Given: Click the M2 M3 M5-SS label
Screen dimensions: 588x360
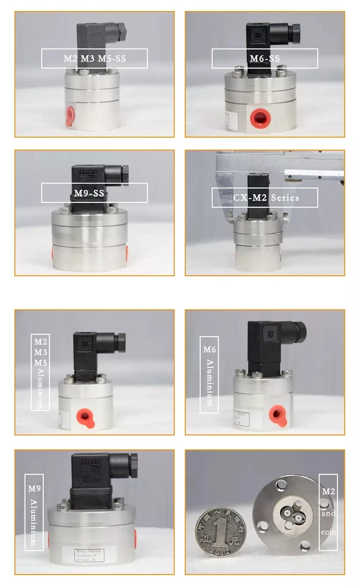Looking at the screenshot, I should [x=94, y=59].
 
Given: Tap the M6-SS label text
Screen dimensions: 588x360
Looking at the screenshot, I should [x=264, y=59].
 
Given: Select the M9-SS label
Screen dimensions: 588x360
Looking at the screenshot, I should [x=94, y=193].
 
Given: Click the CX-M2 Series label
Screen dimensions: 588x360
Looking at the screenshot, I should [x=265, y=198].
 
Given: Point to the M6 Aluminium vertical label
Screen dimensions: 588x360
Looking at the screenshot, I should [x=209, y=375].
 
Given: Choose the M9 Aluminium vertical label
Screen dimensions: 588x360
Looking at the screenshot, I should [x=34, y=512].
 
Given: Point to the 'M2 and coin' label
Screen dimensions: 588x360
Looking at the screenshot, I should [x=328, y=512].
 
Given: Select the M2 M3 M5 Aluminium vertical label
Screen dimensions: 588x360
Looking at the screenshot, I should [x=40, y=372].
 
